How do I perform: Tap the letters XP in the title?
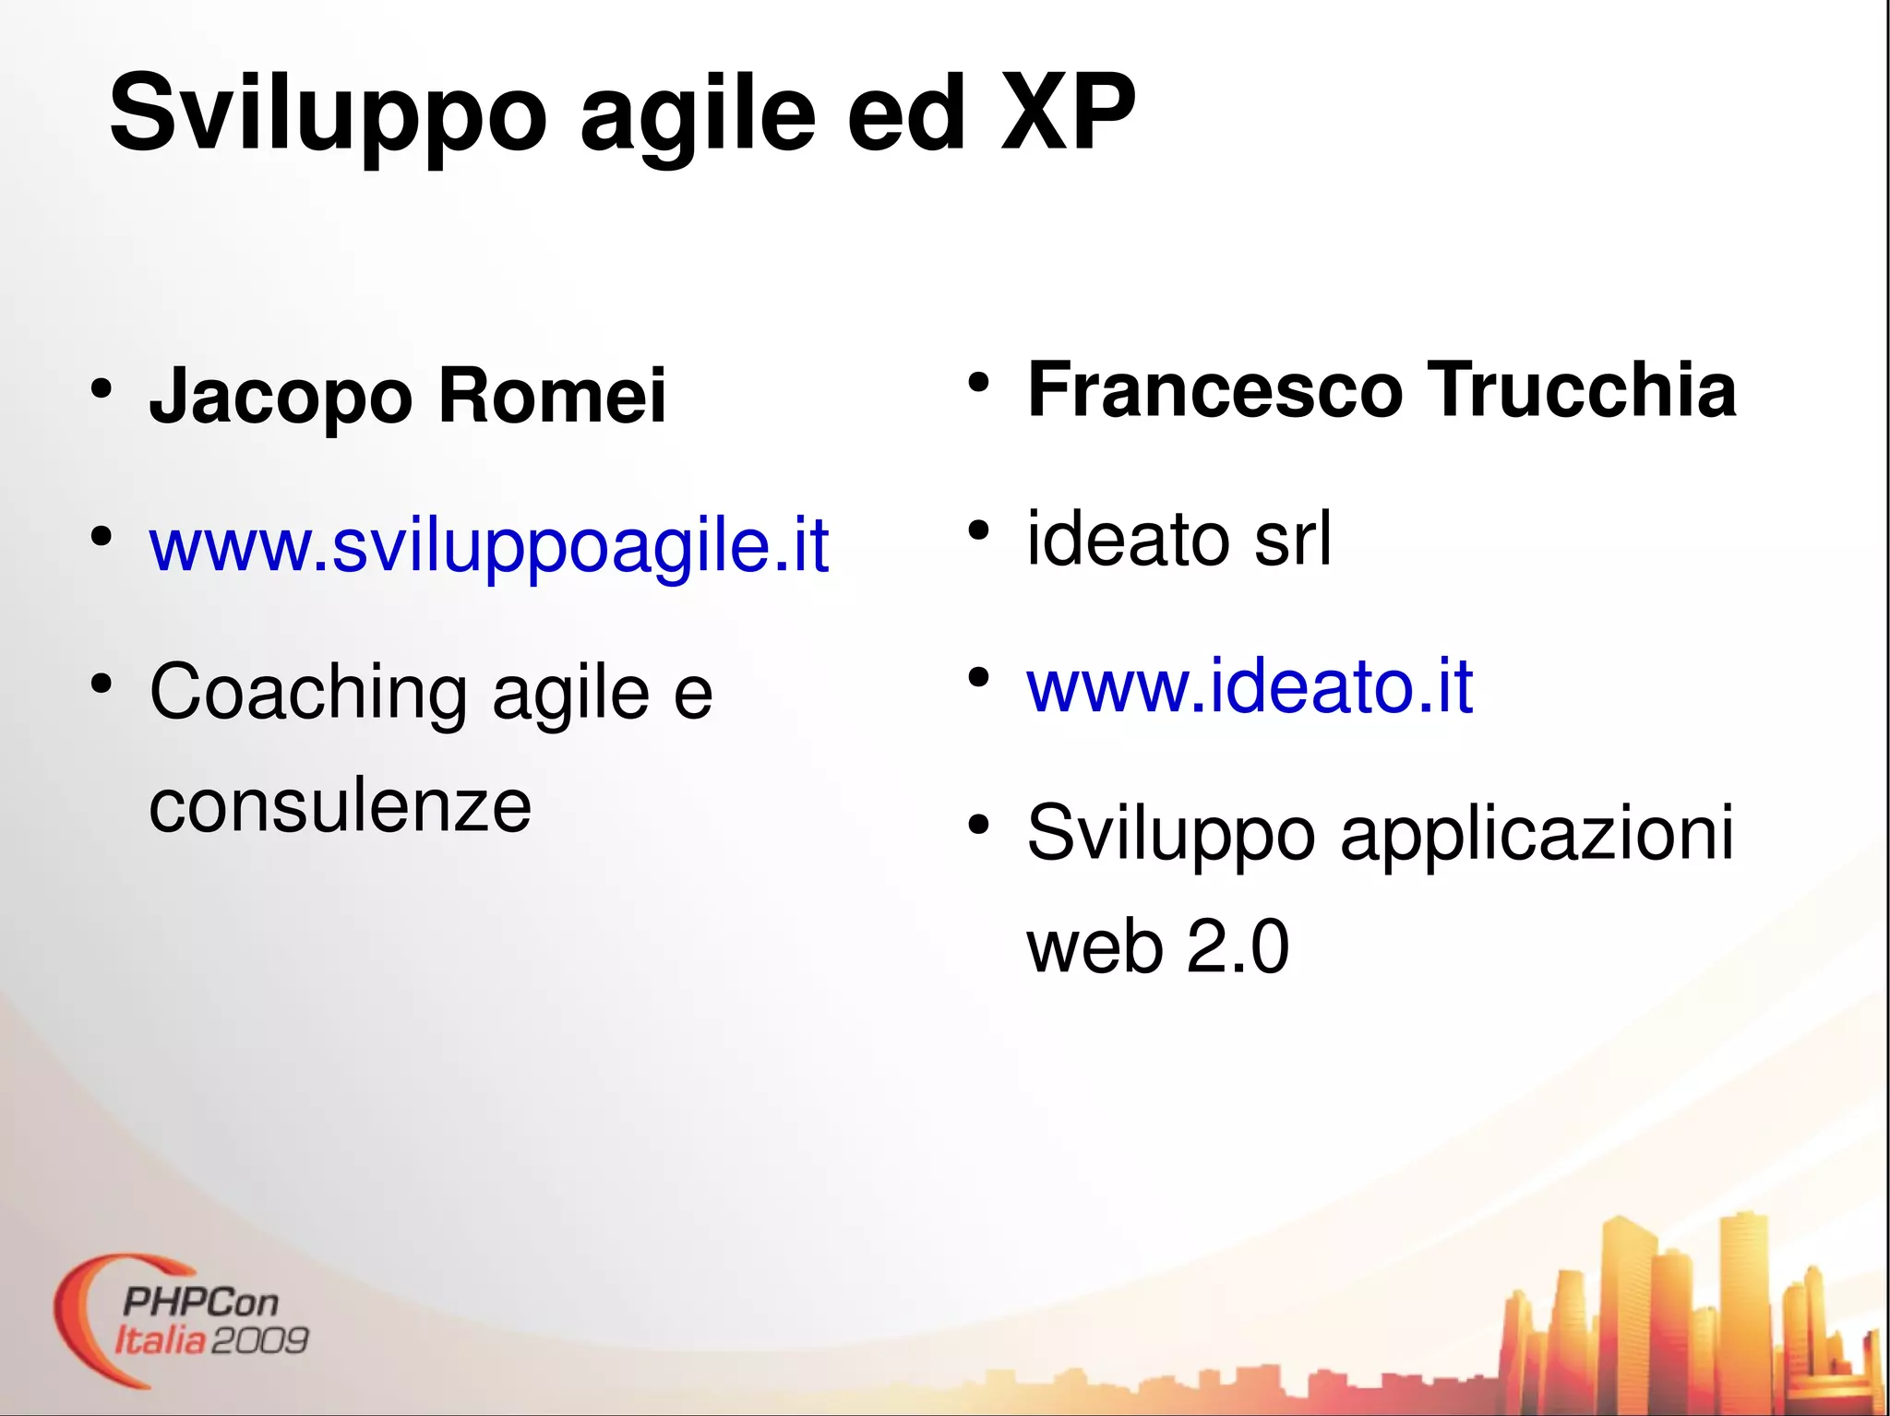tap(1068, 113)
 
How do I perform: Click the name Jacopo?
tap(281, 397)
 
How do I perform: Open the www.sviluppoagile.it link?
tap(489, 545)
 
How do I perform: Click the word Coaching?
tap(308, 692)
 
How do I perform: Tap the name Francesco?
tap(1214, 390)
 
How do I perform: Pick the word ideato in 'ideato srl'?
tap(1128, 539)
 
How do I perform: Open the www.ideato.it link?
tap(1250, 686)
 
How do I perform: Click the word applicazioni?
tap(1537, 833)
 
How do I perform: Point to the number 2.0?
tap(1238, 947)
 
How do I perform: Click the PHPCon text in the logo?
tap(199, 1302)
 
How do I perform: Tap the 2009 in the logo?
tap(260, 1340)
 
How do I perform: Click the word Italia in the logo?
tap(160, 1340)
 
